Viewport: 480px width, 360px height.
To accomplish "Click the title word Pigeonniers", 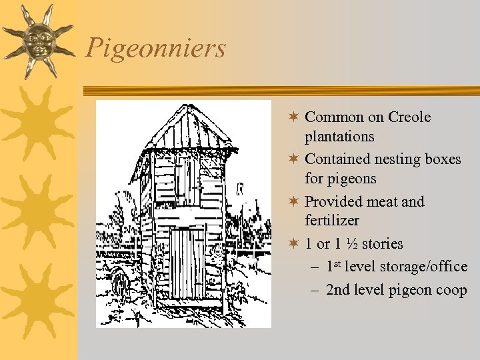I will coord(156,48).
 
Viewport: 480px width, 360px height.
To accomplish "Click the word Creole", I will coord(409,117).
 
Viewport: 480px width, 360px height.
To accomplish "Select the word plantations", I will coord(339,137).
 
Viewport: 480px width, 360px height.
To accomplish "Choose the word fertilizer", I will coord(332,220).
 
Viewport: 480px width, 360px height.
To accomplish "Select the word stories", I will coord(382,243).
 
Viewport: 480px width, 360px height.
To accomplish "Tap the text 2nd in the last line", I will coord(338,290).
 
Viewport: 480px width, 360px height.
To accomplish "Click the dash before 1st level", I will coord(315,267).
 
